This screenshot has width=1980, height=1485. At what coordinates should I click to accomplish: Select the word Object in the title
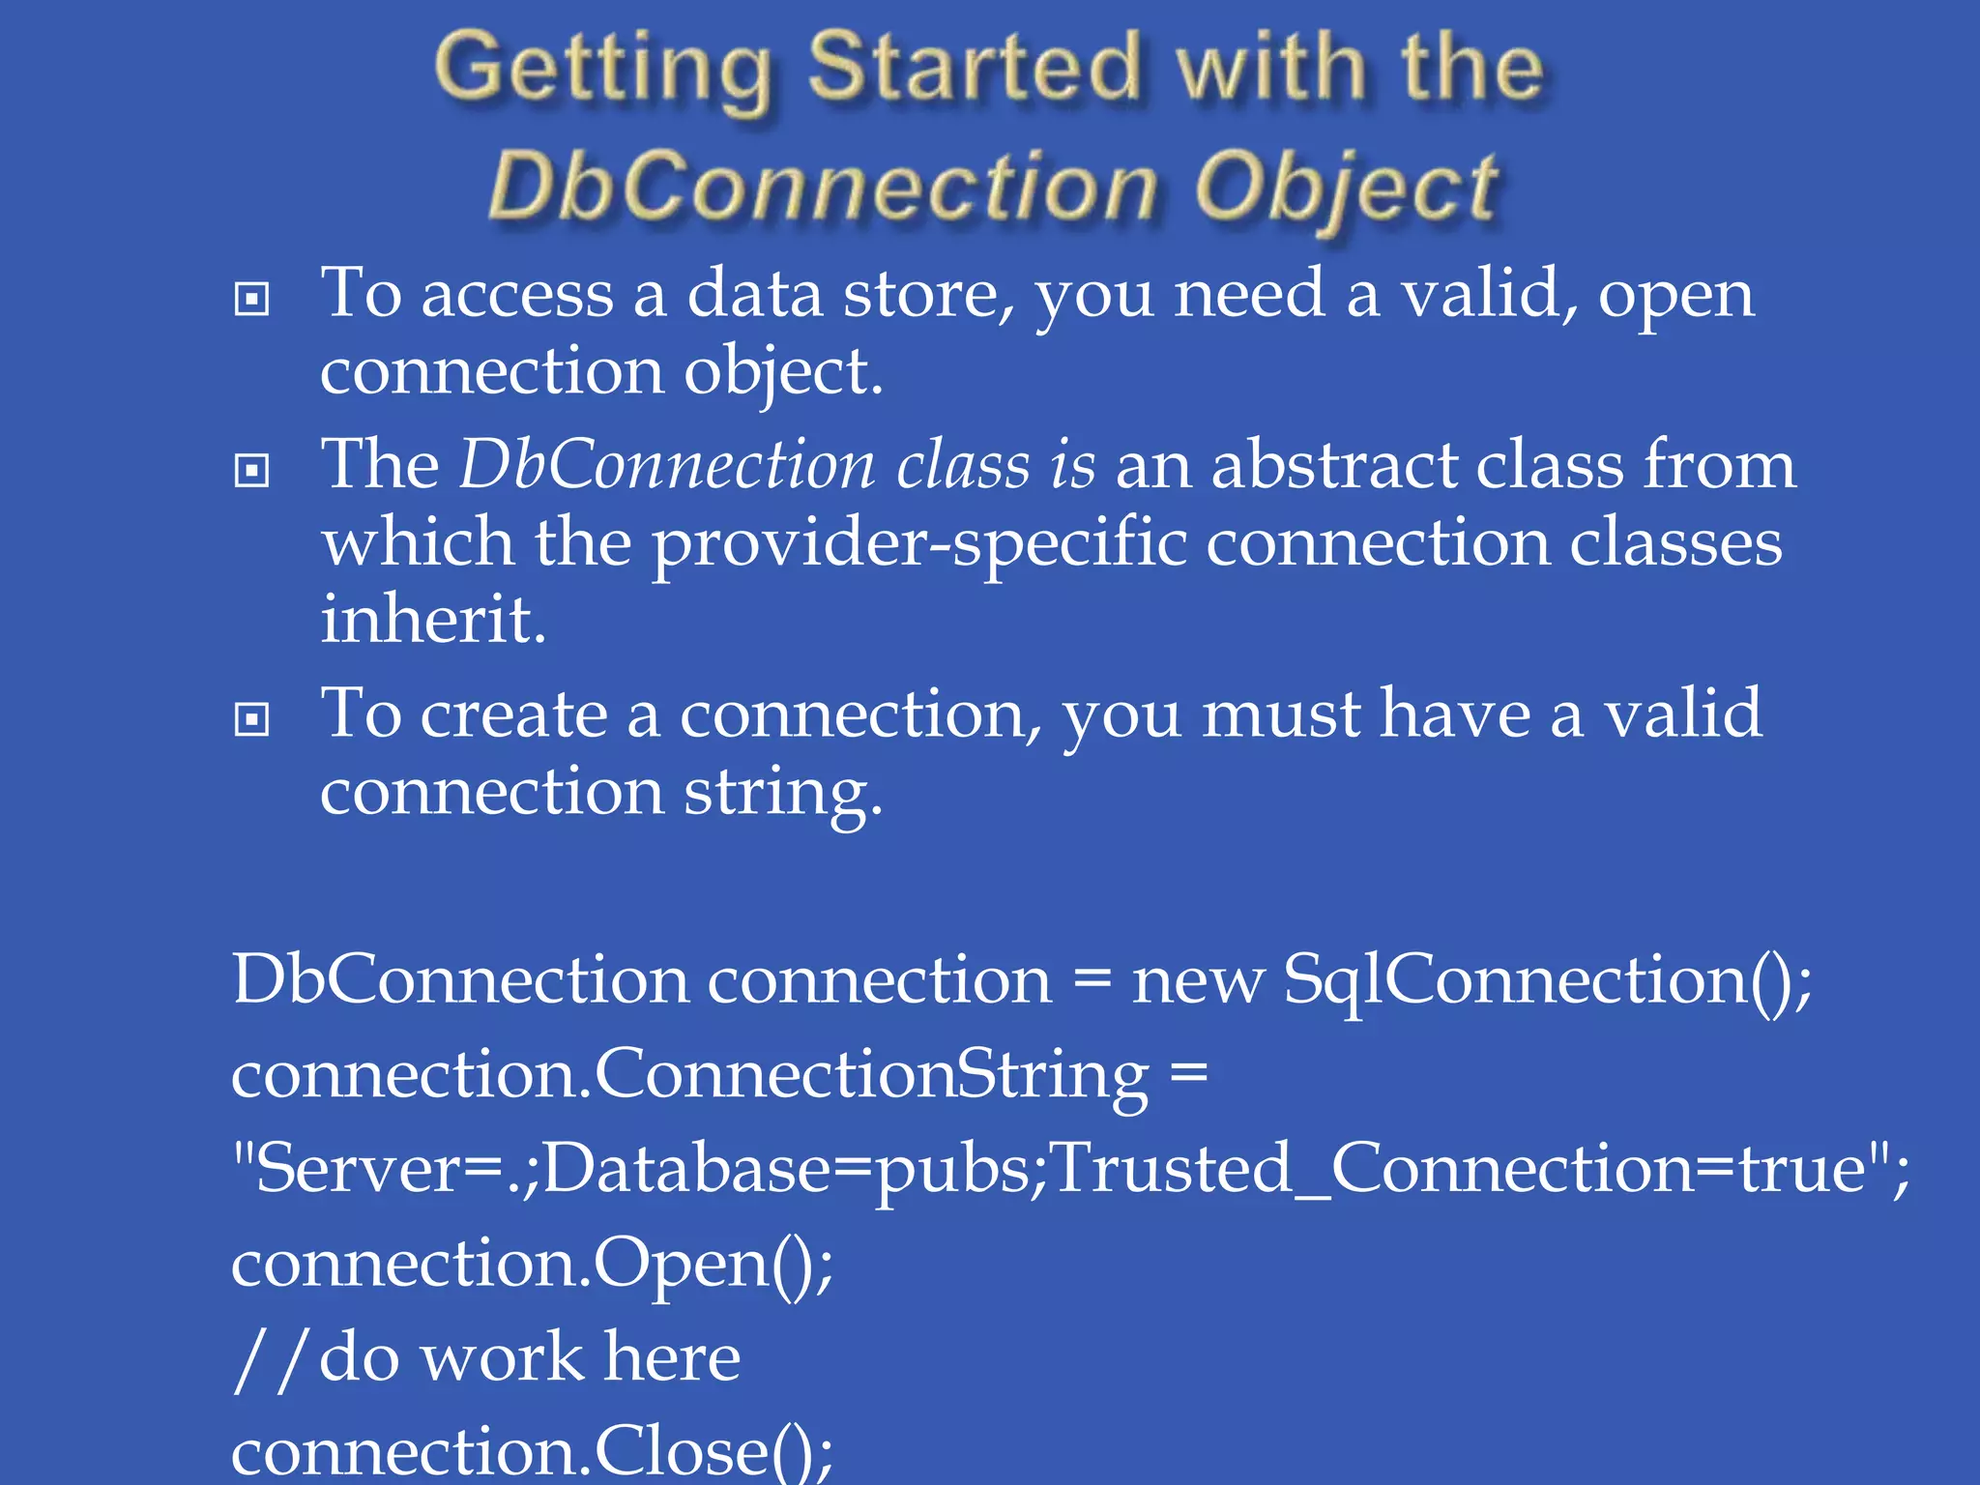[x=1346, y=188]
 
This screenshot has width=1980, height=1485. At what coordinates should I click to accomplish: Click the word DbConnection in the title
[x=823, y=186]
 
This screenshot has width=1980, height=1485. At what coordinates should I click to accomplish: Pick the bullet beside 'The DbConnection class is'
[x=251, y=471]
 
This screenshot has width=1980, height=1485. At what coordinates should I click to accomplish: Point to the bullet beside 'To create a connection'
[x=251, y=719]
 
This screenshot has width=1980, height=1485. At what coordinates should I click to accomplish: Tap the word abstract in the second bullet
[x=1333, y=465]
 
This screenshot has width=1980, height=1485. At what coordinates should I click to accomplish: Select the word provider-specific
[x=919, y=543]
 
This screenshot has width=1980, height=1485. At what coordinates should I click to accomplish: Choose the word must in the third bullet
[x=1280, y=715]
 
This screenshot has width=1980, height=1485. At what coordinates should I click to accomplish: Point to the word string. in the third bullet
[x=783, y=793]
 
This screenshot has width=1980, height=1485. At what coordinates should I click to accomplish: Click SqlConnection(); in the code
[x=1547, y=980]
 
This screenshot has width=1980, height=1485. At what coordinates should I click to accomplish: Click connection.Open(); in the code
[x=532, y=1265]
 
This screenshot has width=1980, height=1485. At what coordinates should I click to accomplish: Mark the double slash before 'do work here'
[x=270, y=1358]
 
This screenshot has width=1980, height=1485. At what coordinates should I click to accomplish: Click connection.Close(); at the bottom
[x=532, y=1450]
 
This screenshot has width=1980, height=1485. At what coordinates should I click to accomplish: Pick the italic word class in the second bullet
[x=963, y=465]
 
